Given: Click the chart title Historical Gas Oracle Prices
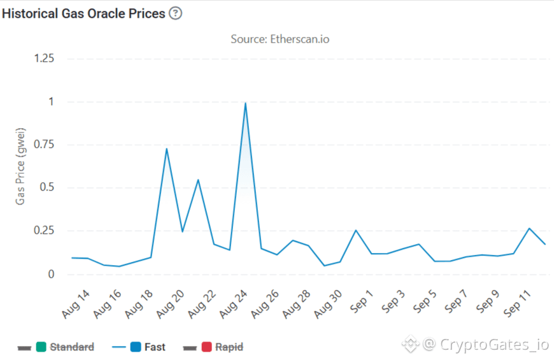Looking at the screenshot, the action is click(x=83, y=13).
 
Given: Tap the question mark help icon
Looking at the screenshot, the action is click(x=175, y=13).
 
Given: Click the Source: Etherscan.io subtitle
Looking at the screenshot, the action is click(x=280, y=39).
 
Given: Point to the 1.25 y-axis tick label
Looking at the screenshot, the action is click(x=44, y=58).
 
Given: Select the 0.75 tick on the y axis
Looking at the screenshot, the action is click(x=44, y=144).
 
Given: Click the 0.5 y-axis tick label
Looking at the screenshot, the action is click(x=47, y=187).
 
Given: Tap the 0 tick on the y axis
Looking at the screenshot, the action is click(x=51, y=274).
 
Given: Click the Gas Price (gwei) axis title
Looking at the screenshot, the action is click(x=20, y=166).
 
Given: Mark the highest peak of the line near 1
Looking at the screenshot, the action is click(x=245, y=103).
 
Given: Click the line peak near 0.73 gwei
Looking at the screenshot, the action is click(x=166, y=148).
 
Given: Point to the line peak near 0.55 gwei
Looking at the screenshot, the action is click(x=198, y=180).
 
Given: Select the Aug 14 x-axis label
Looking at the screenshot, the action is click(x=76, y=304).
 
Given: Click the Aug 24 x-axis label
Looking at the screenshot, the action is click(x=233, y=304).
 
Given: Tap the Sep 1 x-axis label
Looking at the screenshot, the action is click(x=362, y=301).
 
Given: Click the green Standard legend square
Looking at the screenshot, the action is click(x=41, y=347).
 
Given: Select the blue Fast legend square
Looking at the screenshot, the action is click(x=136, y=347).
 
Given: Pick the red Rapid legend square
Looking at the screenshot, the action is click(x=207, y=347).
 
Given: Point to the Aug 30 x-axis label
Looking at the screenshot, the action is click(x=328, y=304).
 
